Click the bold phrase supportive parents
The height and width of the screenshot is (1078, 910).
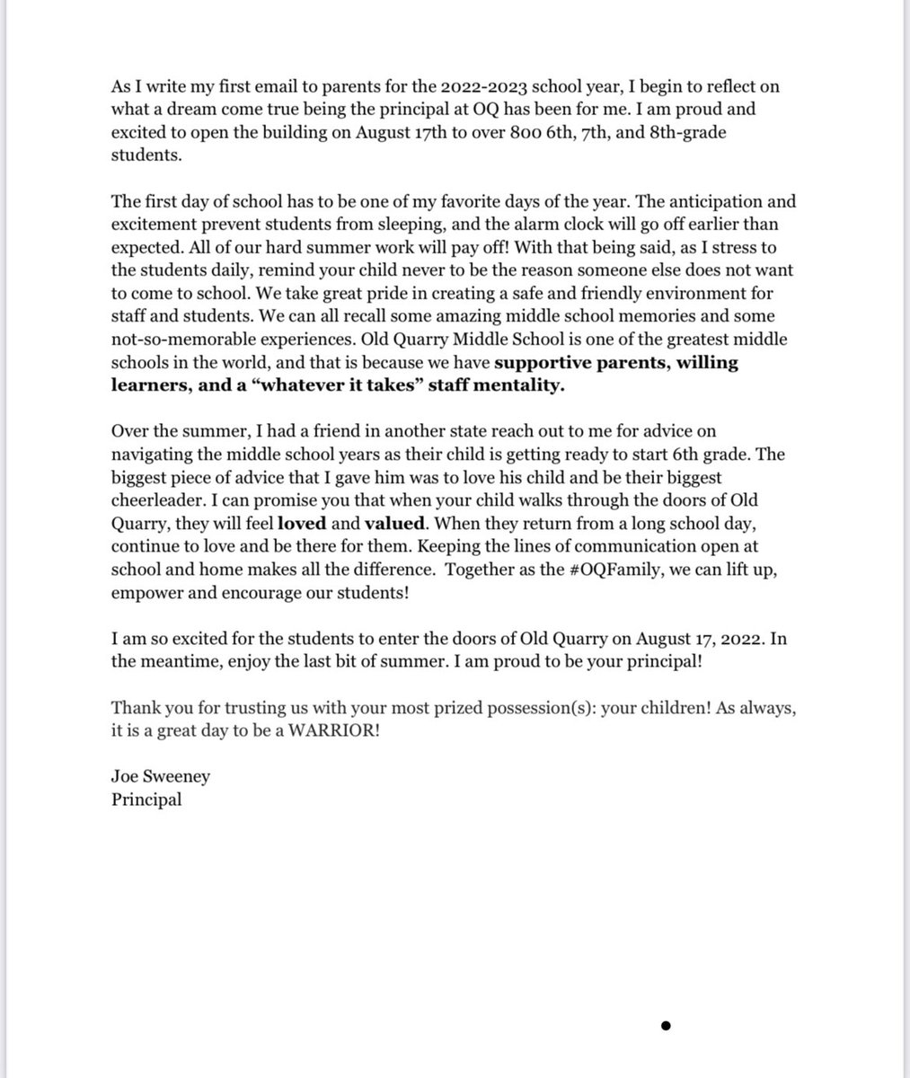[585, 364]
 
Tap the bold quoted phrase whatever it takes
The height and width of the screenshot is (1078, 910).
[294, 387]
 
